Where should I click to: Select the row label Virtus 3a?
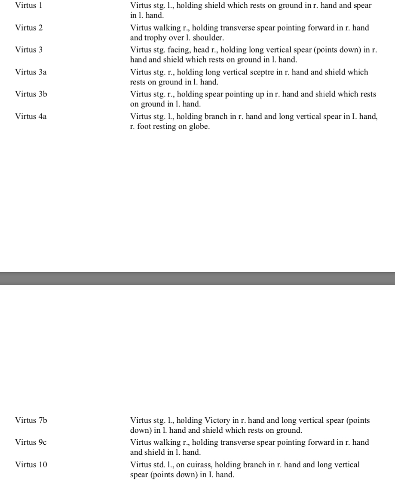click(x=31, y=72)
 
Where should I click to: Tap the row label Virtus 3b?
click(x=31, y=93)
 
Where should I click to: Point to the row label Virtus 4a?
click(x=31, y=115)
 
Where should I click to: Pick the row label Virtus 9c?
click(x=31, y=442)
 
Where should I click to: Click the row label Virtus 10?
click(x=31, y=465)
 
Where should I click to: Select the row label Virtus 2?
click(x=29, y=28)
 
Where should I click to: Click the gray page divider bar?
click(x=197, y=278)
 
